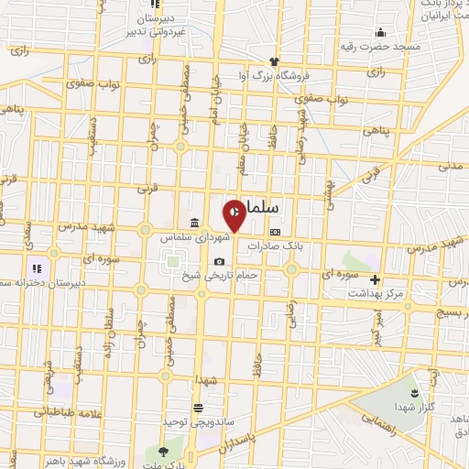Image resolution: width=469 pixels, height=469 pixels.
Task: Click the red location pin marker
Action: pos(234,213)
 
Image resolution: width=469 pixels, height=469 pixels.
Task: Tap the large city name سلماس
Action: pos(275,209)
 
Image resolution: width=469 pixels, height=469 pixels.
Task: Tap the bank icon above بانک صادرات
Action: pos(275,233)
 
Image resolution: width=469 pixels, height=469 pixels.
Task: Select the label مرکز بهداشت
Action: pos(373,294)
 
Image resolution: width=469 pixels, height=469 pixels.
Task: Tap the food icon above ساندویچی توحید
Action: pos(197,407)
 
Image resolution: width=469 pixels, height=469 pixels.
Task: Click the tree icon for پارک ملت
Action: pos(163,451)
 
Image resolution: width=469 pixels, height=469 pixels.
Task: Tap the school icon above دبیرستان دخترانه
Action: pos(38,268)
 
